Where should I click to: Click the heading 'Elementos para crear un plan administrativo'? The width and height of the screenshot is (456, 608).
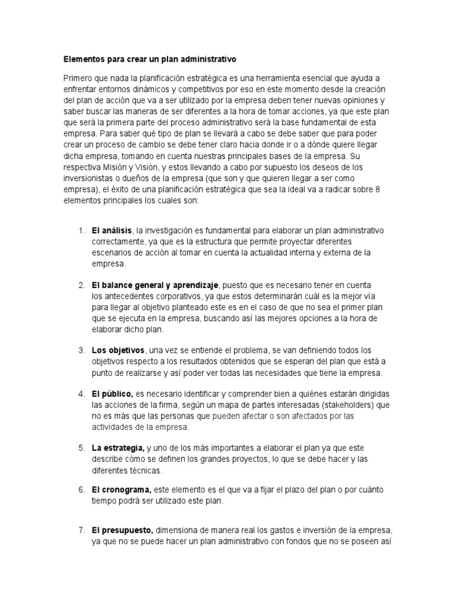pos(150,60)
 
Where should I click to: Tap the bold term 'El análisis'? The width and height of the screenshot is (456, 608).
pos(112,230)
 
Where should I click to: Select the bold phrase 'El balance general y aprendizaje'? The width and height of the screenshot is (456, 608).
pos(156,286)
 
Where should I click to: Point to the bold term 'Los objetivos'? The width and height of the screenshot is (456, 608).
pos(118,350)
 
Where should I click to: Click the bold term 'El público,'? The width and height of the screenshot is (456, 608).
pos(112,394)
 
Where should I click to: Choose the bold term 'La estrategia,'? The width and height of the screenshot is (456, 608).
pos(118,448)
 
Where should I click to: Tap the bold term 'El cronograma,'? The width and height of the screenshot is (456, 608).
pos(121,490)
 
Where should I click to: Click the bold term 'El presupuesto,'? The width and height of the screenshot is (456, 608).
pos(122,531)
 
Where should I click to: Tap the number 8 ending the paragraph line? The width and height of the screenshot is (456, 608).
pos(378,190)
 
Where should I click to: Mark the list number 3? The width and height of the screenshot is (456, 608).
pos(81,350)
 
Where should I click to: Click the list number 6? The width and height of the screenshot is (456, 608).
pos(81,490)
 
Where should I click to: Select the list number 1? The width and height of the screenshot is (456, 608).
pos(81,230)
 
